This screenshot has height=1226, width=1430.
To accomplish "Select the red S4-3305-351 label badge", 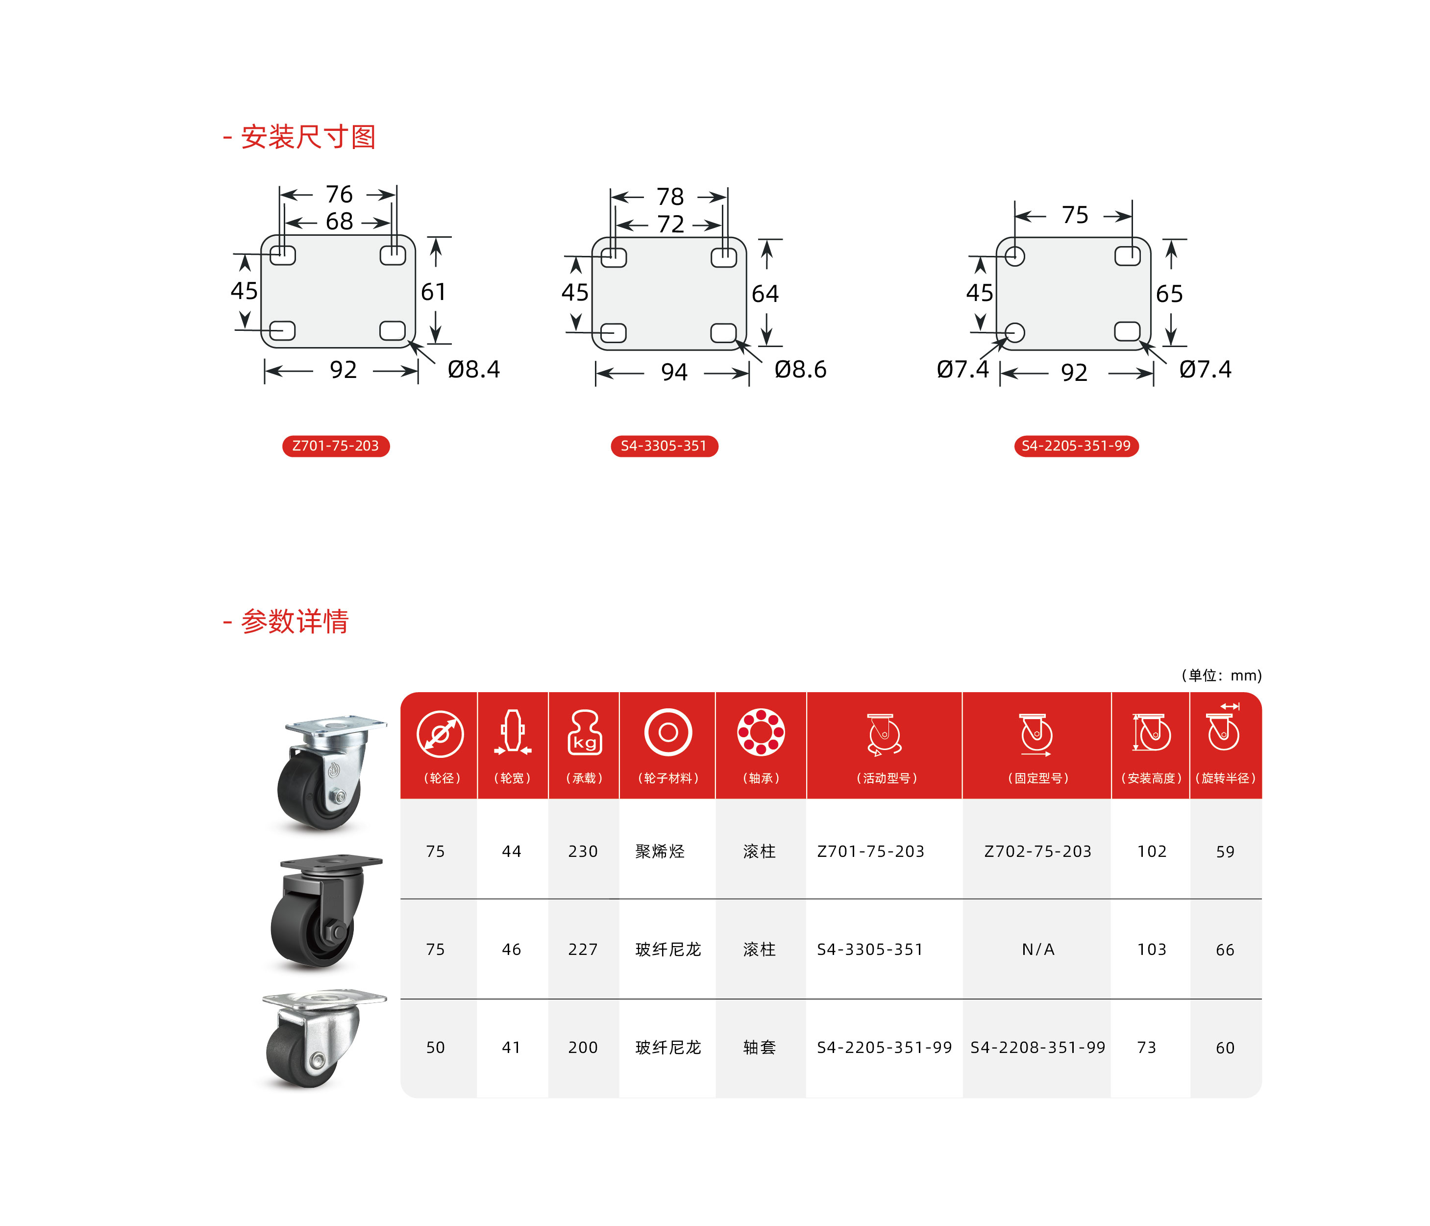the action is tap(664, 446).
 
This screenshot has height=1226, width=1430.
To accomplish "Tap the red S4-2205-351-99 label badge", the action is tap(1076, 446).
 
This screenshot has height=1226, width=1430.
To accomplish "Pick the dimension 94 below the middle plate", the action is tap(674, 373).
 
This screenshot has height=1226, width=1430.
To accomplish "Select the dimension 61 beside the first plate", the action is tap(433, 292).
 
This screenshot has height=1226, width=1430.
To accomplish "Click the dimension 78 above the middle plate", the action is tap(670, 197).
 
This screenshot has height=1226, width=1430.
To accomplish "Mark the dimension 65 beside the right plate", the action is tap(1169, 294).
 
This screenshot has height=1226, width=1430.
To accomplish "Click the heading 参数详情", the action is tap(294, 621).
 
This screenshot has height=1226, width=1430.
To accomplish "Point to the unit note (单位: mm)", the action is tap(1222, 675).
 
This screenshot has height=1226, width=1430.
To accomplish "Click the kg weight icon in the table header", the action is tap(585, 732).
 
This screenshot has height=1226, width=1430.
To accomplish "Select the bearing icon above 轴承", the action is tap(761, 732).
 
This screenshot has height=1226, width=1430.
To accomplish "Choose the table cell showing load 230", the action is tap(583, 851).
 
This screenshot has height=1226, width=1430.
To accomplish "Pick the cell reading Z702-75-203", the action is tap(1038, 851).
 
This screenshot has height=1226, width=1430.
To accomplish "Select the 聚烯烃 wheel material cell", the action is tap(660, 851).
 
